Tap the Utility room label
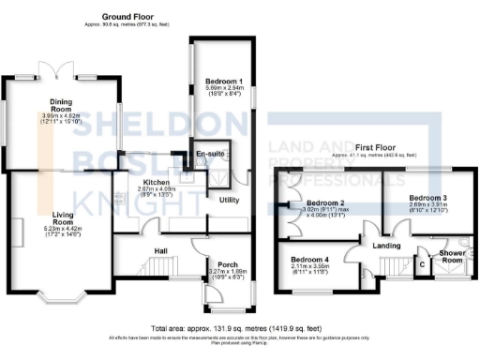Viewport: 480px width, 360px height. [231, 201]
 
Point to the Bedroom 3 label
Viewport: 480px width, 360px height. [427, 197]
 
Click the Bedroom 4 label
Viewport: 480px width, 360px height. [309, 260]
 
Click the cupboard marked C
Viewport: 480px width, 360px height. [421, 265]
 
